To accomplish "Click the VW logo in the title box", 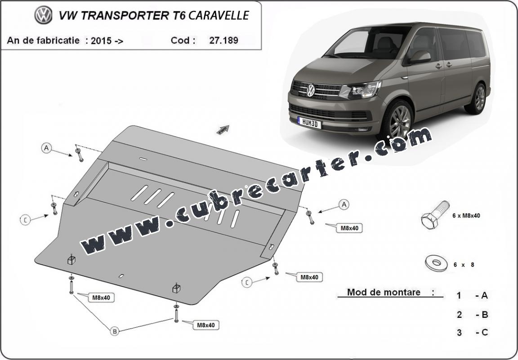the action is [43, 15].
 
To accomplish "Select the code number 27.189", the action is [223, 40].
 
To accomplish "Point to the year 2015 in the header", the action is [102, 40].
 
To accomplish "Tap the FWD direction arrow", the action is [223, 129].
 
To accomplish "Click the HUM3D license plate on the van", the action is [309, 123].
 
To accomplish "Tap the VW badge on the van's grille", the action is [311, 90].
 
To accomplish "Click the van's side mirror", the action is [420, 57].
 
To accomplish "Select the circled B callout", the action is [114, 331].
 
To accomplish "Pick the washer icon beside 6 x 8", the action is [436, 263].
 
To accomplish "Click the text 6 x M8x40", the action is [466, 216].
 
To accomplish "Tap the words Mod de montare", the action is [384, 292].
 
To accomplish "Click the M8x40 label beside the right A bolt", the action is [349, 228].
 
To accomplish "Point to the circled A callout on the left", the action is [47, 148].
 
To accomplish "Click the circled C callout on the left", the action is [26, 220].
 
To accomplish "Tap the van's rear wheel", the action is [477, 99].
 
